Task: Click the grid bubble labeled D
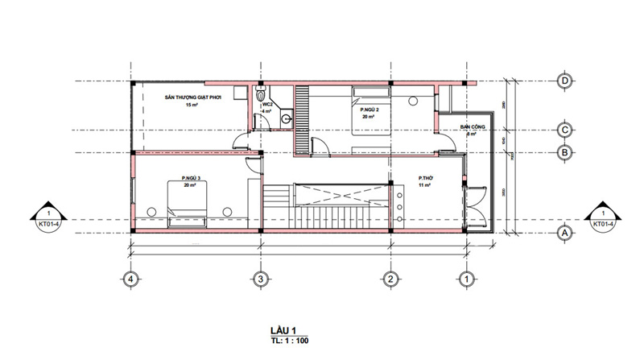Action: click(565, 81)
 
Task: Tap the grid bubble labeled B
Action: click(565, 152)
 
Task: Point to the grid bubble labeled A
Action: click(565, 232)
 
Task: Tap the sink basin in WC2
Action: click(285, 119)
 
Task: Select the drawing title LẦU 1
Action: click(284, 330)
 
